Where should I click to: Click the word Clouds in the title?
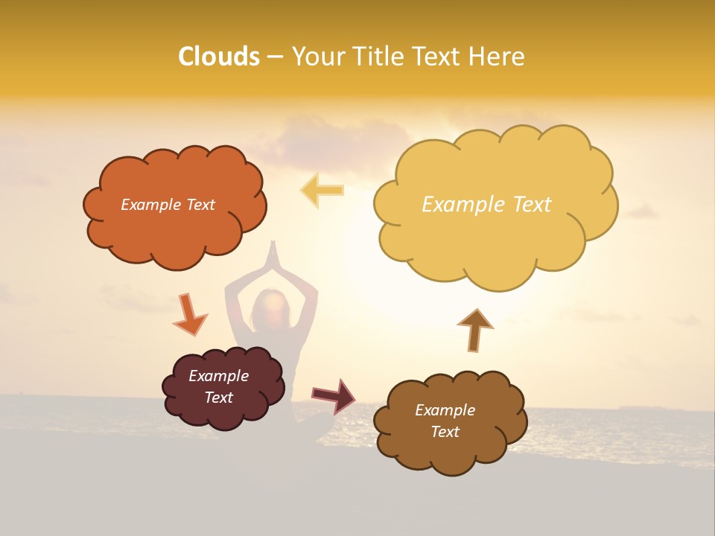[218, 57]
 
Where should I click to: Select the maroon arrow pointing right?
[334, 395]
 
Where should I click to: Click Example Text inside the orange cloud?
[168, 205]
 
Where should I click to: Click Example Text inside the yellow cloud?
[486, 205]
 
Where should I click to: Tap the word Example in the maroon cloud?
[218, 376]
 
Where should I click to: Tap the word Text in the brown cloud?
[445, 432]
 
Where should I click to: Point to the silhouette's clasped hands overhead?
[273, 253]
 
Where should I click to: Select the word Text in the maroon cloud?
[218, 398]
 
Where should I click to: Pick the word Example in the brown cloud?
[445, 410]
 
